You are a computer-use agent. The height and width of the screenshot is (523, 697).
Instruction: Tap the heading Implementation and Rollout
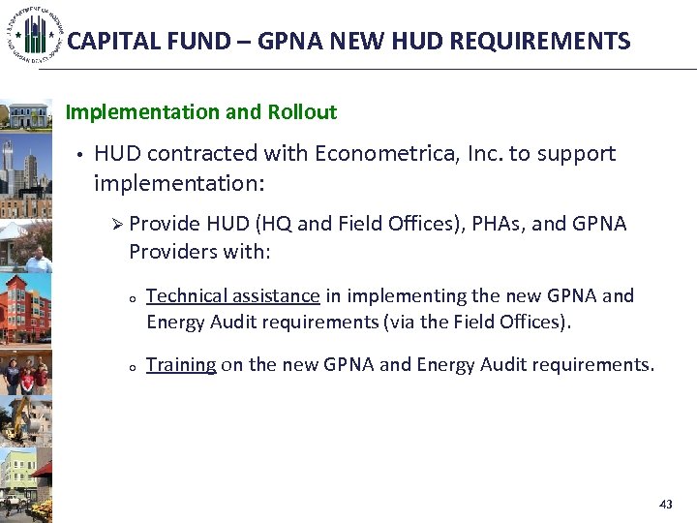(201, 112)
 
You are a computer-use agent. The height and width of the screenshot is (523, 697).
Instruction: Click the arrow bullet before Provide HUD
(117, 225)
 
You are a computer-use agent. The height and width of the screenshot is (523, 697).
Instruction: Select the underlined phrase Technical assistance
(232, 296)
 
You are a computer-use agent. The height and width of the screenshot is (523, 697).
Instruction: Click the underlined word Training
(181, 365)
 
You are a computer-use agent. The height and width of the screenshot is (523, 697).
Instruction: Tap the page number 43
(665, 505)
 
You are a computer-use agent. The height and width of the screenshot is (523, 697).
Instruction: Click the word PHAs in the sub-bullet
(497, 225)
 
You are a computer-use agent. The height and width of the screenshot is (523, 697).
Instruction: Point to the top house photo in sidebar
(26, 115)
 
